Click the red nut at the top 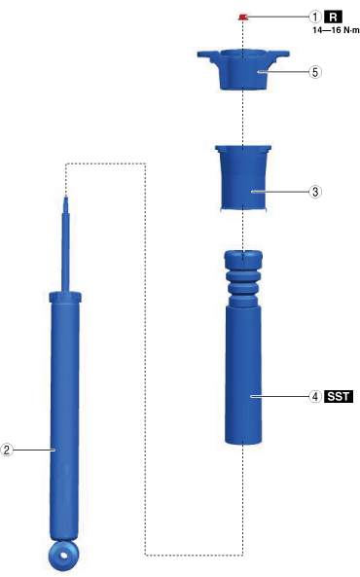click(x=242, y=17)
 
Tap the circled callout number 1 click(x=314, y=17)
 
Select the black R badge click(x=333, y=17)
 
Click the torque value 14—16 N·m click(x=336, y=30)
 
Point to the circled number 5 click(x=314, y=72)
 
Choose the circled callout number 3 click(x=314, y=192)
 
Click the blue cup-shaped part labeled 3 click(x=243, y=178)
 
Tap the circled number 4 click(x=314, y=396)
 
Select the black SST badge click(x=339, y=396)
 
